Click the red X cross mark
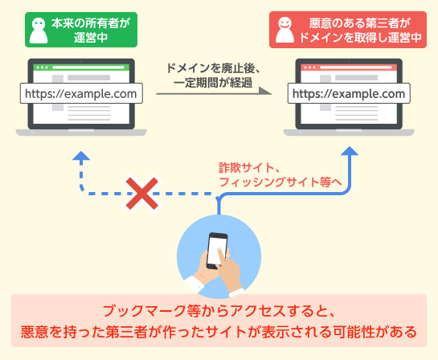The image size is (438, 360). point(142,194)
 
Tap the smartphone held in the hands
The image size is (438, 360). point(217,250)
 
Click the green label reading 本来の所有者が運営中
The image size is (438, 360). point(81,30)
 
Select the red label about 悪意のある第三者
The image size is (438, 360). point(348,30)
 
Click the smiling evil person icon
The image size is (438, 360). point(284,30)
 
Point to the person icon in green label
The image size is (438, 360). point(39,31)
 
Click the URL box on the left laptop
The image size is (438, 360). point(81,93)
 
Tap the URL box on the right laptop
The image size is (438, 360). point(349,93)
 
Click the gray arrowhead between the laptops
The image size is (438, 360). point(265,91)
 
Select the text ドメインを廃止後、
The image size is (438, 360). point(213,68)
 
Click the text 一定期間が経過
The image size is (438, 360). point(213,83)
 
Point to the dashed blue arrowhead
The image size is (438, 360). point(81,156)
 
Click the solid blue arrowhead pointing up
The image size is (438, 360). point(350,151)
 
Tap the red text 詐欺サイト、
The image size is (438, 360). point(249,168)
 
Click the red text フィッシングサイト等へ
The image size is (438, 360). point(280,182)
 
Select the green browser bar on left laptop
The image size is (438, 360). point(81,67)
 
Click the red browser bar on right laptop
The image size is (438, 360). point(349,67)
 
